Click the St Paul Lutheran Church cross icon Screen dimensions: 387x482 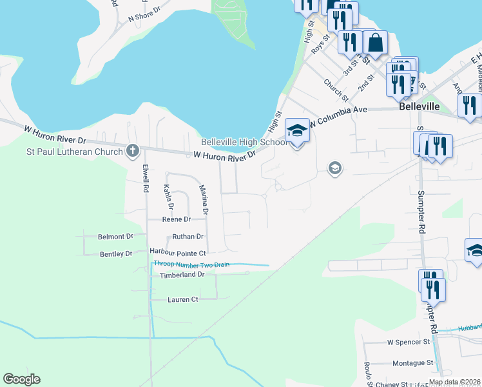tap(133, 151)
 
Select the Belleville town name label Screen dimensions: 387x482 tap(419, 106)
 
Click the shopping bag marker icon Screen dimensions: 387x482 tap(374, 43)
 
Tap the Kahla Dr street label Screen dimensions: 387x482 tap(168, 197)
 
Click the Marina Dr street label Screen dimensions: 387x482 tap(204, 199)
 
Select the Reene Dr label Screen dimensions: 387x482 tap(177, 219)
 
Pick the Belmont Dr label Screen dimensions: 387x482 tap(115, 237)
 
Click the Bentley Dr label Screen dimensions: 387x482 tap(116, 254)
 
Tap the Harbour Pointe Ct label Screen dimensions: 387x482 tap(177, 253)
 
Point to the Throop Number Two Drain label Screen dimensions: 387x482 tap(191, 264)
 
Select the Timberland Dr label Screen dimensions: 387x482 tap(182, 274)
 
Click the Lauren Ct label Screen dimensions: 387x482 tap(183, 299)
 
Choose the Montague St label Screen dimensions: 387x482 tap(412, 363)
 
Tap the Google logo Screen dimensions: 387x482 tap(21, 379)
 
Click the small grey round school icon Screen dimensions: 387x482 tap(334, 169)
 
